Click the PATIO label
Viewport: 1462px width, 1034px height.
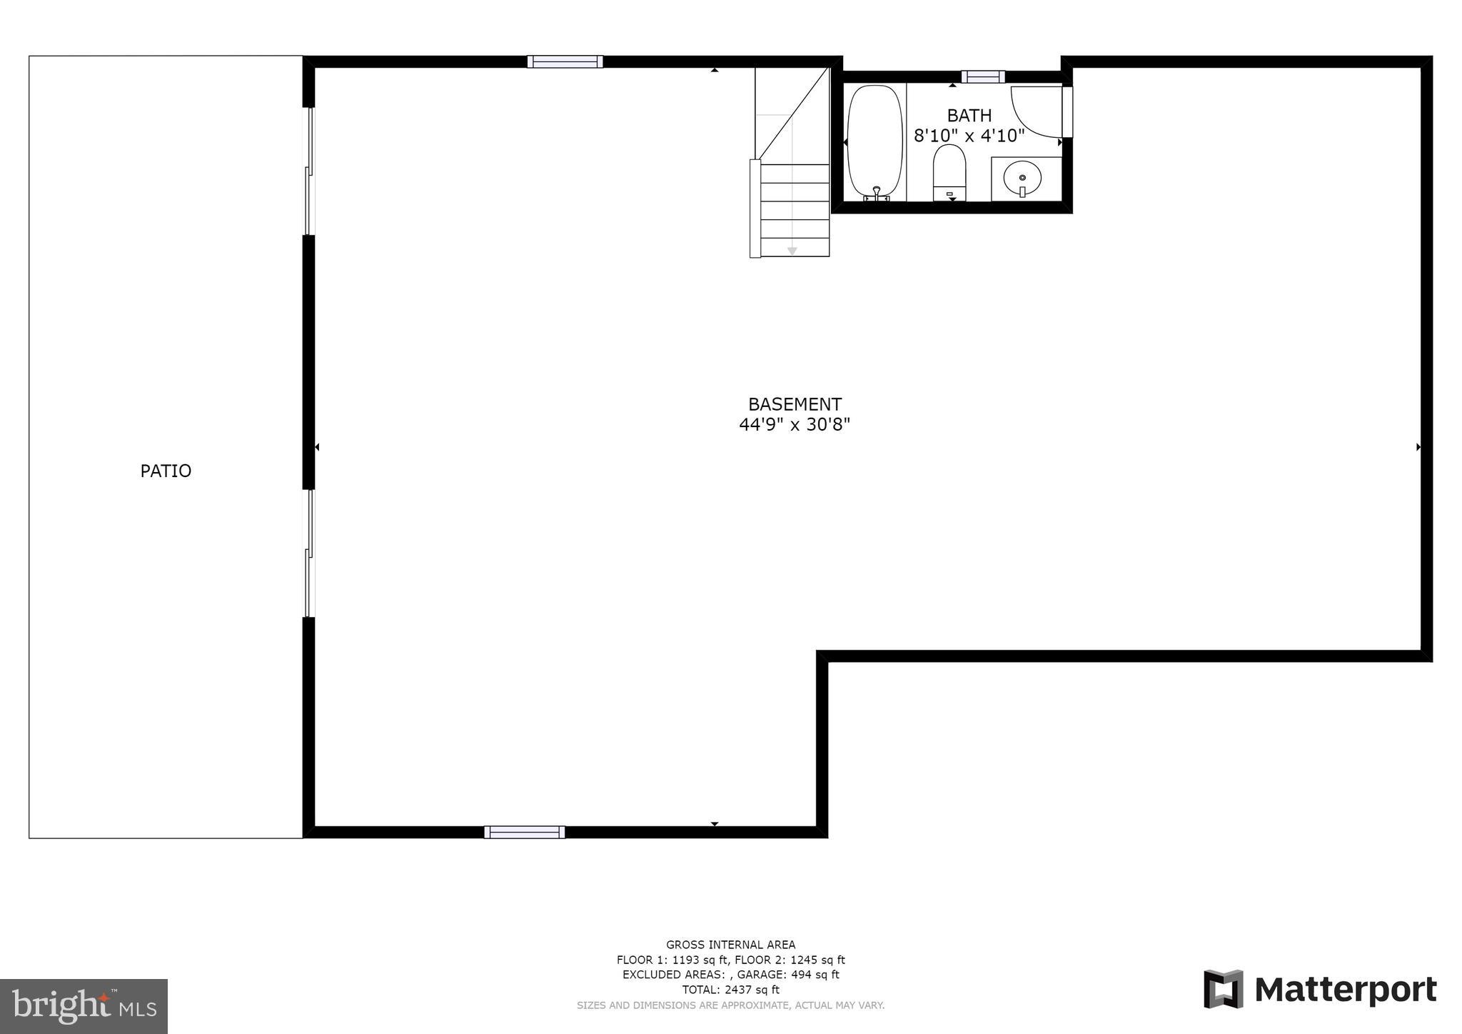click(166, 471)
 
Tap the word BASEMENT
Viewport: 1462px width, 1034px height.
click(795, 404)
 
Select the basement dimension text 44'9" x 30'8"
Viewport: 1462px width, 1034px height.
click(795, 425)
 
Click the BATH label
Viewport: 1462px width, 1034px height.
click(969, 116)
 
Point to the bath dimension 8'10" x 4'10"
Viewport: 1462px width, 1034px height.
click(969, 135)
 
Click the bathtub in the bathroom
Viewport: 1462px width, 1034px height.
click(874, 141)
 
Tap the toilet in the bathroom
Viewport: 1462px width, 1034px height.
click(949, 173)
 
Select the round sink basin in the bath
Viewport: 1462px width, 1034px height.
click(1022, 176)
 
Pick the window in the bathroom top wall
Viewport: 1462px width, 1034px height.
click(983, 76)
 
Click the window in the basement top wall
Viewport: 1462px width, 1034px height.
click(565, 61)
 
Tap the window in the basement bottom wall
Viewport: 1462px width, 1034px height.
click(525, 832)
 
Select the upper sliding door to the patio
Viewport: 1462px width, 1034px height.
click(309, 171)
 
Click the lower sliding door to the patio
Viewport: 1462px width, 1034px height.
click(309, 553)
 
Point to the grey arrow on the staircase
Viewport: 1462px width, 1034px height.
click(792, 251)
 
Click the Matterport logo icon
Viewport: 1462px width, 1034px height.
click(1223, 989)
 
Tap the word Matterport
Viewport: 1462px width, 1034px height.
click(1346, 990)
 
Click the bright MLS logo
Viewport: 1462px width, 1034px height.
click(84, 1006)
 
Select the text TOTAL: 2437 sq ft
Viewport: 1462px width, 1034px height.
click(730, 990)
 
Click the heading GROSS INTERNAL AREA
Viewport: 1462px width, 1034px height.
click(730, 945)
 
